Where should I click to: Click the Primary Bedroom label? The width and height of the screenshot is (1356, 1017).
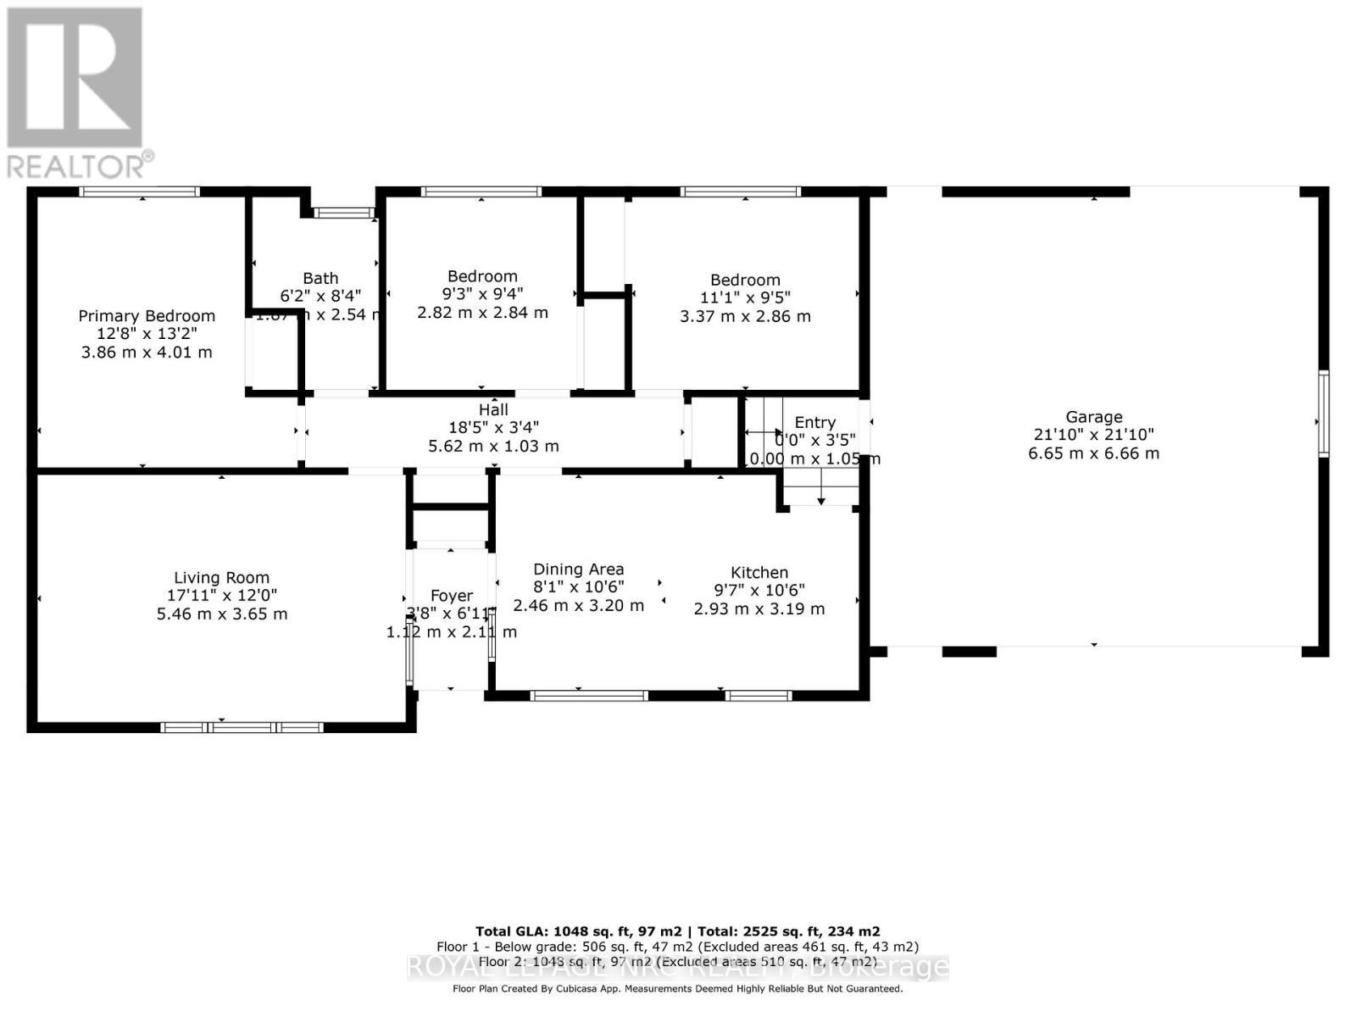(147, 316)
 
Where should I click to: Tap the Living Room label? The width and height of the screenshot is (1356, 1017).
(222, 578)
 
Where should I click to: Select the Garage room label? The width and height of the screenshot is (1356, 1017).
(1094, 417)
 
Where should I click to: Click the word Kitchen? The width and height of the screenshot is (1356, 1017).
(759, 573)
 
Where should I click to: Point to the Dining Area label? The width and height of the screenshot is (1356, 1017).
(579, 570)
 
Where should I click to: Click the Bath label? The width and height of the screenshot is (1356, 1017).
(320, 278)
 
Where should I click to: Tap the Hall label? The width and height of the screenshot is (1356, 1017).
(493, 410)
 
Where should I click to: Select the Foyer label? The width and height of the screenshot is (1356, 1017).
(451, 596)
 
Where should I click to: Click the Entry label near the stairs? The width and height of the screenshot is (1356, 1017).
(814, 422)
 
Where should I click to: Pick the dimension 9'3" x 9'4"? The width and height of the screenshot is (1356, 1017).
(483, 294)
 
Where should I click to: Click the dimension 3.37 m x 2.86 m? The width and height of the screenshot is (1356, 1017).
(745, 316)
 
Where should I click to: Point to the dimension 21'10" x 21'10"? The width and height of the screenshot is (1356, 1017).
(1094, 435)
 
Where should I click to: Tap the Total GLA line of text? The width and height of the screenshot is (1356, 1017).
(678, 931)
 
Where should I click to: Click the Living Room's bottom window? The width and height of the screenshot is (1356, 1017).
(242, 727)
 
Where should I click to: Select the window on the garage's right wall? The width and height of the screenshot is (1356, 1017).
(1323, 413)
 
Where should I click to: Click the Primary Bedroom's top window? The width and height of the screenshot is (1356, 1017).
(140, 192)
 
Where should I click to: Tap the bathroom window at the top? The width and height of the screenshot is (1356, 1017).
(343, 213)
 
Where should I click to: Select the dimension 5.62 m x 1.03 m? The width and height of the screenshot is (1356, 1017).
(493, 446)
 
